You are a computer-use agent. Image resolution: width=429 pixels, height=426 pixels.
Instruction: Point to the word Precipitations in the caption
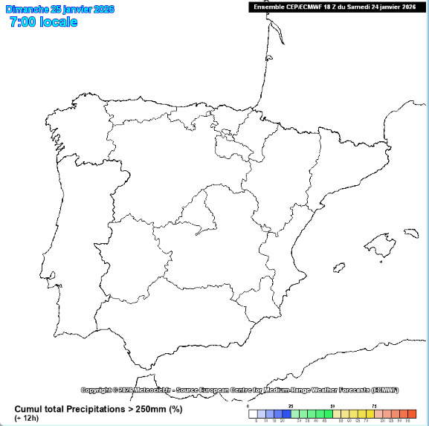(106, 409)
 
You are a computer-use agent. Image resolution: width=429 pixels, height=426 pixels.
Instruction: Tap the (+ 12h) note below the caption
(27, 418)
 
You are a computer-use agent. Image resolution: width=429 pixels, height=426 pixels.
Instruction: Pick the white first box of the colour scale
(253, 414)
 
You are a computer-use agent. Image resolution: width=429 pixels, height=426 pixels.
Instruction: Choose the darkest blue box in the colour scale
(286, 414)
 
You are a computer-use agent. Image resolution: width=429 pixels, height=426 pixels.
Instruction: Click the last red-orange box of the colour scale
(412, 414)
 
